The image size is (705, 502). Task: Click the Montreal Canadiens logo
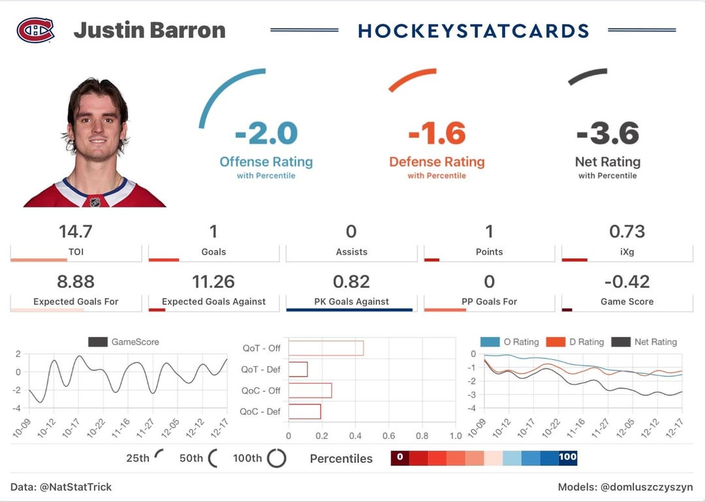tap(35, 30)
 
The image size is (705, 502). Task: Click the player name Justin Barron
tap(149, 30)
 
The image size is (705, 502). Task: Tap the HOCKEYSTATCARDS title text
tap(473, 31)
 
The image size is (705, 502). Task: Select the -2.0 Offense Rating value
tap(266, 134)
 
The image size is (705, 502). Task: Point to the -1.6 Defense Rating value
tap(437, 134)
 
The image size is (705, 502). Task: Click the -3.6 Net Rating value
tap(607, 134)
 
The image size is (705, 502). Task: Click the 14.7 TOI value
tap(76, 232)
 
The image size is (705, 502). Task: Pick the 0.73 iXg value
tap(627, 232)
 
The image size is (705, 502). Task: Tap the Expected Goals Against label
tap(213, 302)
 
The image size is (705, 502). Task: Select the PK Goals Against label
tap(351, 302)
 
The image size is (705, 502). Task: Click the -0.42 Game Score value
tap(627, 281)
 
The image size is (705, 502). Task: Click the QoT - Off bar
tap(326, 348)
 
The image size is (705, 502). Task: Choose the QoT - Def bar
tap(298, 369)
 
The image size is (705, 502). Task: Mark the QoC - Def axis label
tap(260, 412)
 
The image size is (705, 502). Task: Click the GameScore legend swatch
tap(97, 342)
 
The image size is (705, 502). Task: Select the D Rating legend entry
tap(574, 342)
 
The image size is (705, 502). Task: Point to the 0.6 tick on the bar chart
tap(388, 436)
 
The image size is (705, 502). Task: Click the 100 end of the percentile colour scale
tap(567, 457)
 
